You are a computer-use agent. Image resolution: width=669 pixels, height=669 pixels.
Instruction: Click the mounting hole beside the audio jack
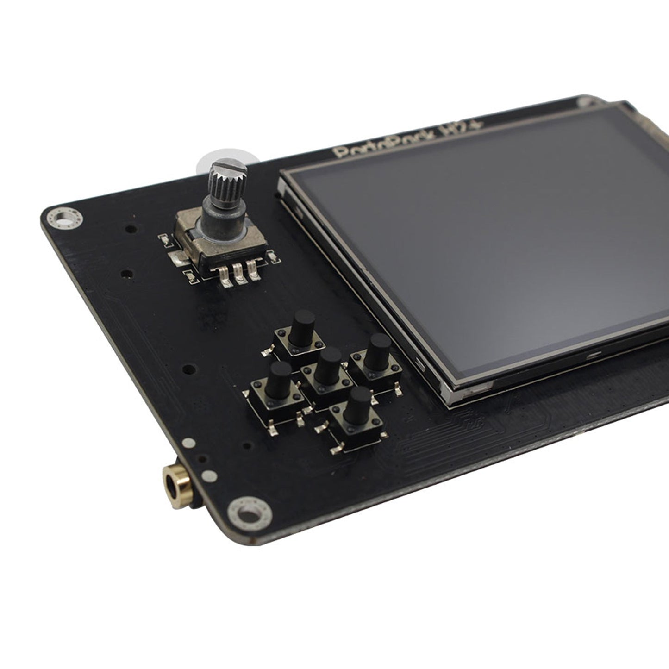coord(249,513)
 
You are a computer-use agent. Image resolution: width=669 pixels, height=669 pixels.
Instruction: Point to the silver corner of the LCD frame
coord(449,394)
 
